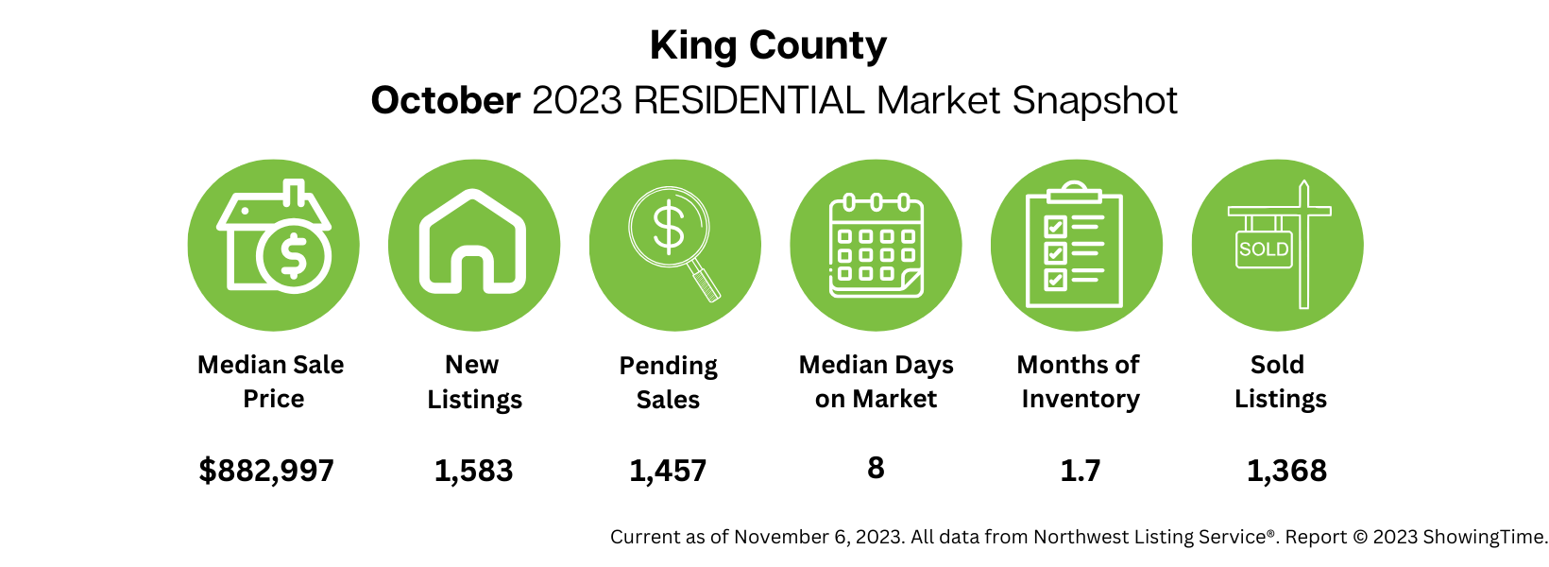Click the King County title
coord(768,45)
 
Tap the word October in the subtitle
coord(445,100)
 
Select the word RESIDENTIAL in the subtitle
coord(749,100)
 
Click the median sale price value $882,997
coord(266,470)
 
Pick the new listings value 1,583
coord(473,470)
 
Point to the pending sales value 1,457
coord(668,470)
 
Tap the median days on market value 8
coord(876,468)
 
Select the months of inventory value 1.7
coord(1080,470)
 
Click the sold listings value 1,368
coord(1286,470)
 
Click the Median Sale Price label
coord(271,381)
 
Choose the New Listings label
coord(473,381)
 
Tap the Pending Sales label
coord(668,382)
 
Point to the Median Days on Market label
coord(876,381)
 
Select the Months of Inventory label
coord(1079,381)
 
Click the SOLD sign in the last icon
coord(1264,249)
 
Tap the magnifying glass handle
coord(705,283)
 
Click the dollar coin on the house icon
coord(294,255)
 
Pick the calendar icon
coord(876,246)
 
